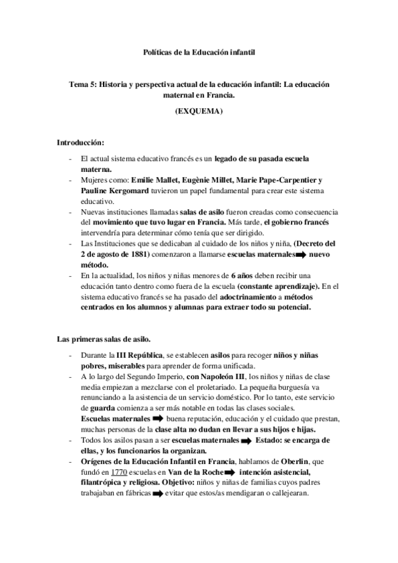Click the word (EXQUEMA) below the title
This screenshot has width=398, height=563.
pos(199,112)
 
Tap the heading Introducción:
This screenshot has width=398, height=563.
pos(80,143)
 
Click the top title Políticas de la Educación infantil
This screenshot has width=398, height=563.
pos(199,50)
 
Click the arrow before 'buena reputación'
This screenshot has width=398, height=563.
pos(157,419)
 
